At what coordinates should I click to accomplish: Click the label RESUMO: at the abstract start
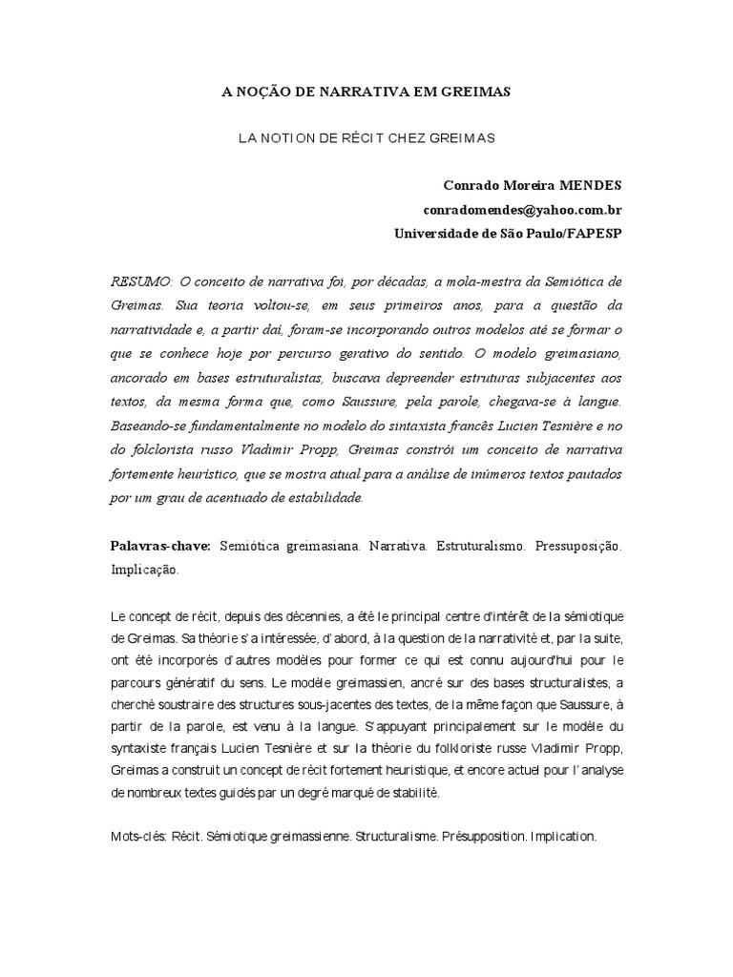(141, 281)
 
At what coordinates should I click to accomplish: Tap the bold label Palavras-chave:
(161, 548)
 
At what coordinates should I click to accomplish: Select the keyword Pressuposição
(577, 548)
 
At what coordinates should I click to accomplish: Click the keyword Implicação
(144, 571)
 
